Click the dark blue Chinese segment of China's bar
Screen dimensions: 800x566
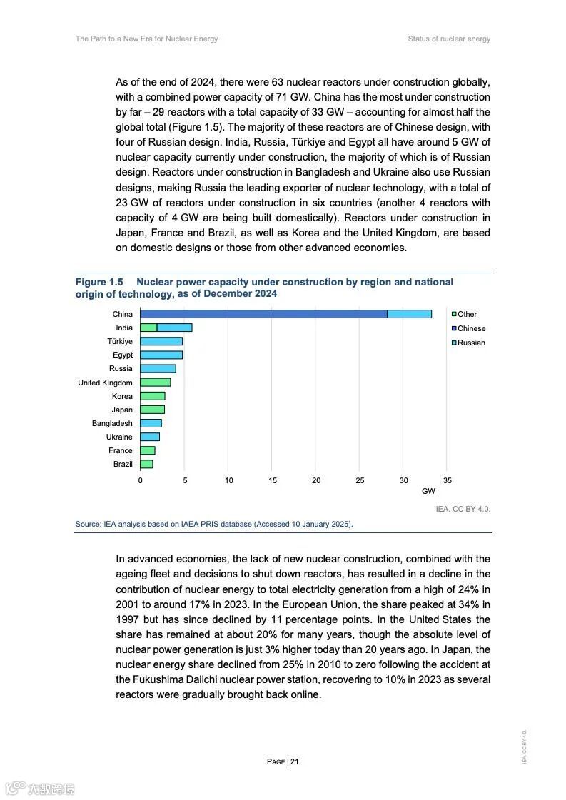263,314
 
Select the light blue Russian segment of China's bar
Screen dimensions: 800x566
409,314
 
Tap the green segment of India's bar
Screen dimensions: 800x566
148,328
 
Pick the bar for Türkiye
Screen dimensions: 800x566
161,341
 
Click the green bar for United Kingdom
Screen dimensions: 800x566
155,383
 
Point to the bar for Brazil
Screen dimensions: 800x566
146,464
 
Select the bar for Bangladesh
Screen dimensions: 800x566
151,423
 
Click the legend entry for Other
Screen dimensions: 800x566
467,314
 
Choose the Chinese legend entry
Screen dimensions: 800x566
471,328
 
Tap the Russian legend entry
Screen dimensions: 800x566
471,343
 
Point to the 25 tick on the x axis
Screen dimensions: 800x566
360,480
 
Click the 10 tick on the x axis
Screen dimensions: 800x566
228,480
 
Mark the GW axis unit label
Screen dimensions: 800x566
428,491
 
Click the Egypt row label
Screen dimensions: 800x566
123,355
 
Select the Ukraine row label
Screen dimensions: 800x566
119,437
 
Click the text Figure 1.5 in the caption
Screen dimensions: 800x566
99,283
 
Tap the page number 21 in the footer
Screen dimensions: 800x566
295,761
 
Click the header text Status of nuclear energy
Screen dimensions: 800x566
449,39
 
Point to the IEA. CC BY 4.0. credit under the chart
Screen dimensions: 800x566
463,509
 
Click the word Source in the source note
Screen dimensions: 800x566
89,524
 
